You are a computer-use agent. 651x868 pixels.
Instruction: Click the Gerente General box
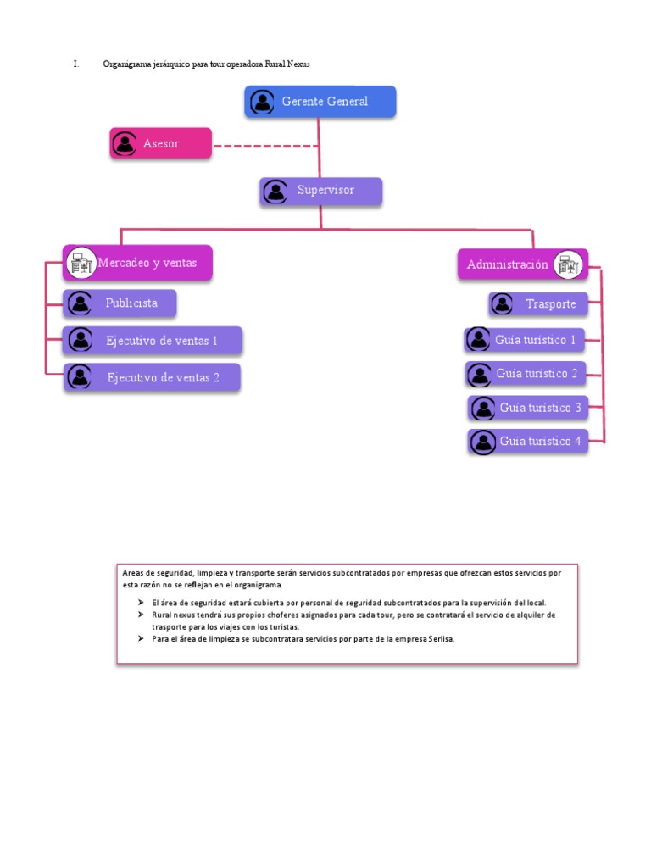pos(320,102)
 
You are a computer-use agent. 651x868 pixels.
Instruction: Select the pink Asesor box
pos(161,143)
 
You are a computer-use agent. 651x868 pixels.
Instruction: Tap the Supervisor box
pos(320,191)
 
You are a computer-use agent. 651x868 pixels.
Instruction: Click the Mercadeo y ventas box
pos(138,263)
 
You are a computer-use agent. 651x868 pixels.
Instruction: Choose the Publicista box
pos(120,303)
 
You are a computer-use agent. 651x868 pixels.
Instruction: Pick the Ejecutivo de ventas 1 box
pos(153,341)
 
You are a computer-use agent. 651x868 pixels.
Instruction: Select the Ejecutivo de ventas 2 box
pos(153,377)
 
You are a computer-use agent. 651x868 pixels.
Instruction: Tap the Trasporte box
pos(538,303)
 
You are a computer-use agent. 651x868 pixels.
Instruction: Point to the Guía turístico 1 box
pos(526,340)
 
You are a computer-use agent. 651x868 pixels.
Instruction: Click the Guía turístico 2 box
pos(526,373)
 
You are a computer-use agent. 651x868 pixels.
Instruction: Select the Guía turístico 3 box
pos(527,408)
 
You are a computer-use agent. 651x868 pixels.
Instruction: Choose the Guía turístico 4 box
pos(527,442)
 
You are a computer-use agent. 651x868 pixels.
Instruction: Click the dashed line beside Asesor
pos(264,146)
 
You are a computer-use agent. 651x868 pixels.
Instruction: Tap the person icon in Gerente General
pos(262,103)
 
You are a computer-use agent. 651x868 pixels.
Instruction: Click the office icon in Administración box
pos(568,265)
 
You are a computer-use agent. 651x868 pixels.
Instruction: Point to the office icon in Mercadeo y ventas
pos(81,264)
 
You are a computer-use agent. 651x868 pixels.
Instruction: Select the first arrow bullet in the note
pos(141,601)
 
